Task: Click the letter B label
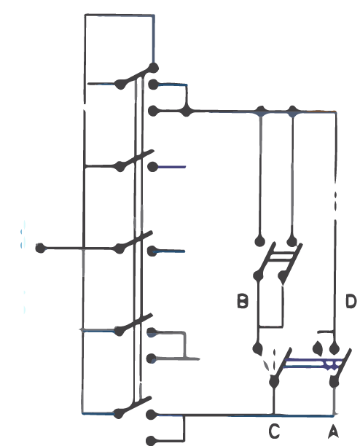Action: pyautogui.click(x=242, y=301)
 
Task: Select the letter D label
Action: pyautogui.click(x=351, y=301)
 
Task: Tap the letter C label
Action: pyautogui.click(x=274, y=431)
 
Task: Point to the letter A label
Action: pyautogui.click(x=333, y=431)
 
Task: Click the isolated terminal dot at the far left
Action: pyautogui.click(x=41, y=248)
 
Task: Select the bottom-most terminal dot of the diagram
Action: pyautogui.click(x=152, y=440)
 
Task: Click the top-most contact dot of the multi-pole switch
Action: pyautogui.click(x=154, y=68)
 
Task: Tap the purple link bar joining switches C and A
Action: pyautogui.click(x=313, y=364)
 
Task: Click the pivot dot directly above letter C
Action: pyautogui.click(x=274, y=382)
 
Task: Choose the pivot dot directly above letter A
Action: pyautogui.click(x=334, y=382)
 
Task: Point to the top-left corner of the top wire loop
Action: pyautogui.click(x=85, y=15)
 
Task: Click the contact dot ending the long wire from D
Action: pyautogui.click(x=334, y=348)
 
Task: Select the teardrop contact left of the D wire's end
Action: pyautogui.click(x=318, y=348)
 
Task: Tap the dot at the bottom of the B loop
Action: pyautogui.click(x=258, y=348)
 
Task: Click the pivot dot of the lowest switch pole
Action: pyautogui.click(x=119, y=414)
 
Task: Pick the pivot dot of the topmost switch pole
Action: pyautogui.click(x=120, y=85)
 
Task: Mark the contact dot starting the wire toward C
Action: pyautogui.click(x=152, y=415)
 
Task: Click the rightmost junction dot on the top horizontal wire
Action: pyautogui.click(x=293, y=111)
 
